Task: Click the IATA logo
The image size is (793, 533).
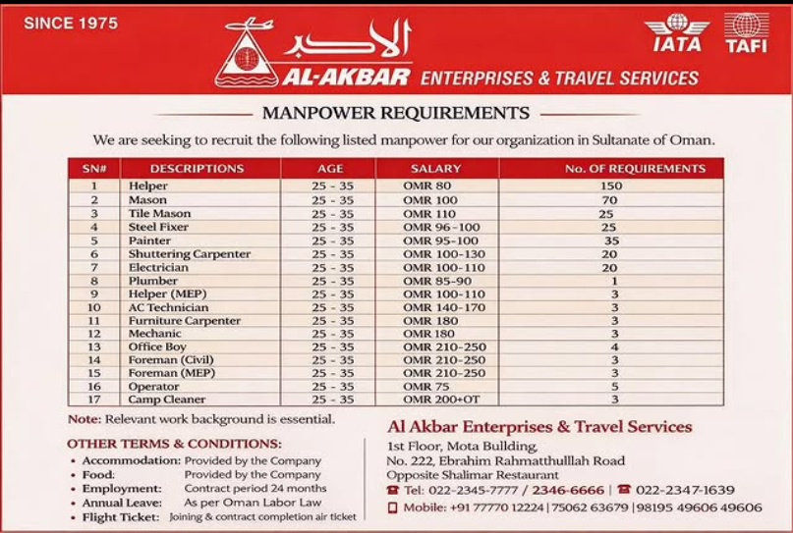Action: [676, 33]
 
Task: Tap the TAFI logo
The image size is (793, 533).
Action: [746, 33]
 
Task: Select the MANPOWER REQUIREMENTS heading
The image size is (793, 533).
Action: [396, 112]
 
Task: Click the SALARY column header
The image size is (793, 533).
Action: [435, 169]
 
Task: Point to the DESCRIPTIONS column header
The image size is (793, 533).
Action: [197, 169]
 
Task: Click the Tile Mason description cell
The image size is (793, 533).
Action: [159, 213]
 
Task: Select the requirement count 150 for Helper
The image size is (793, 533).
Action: [611, 186]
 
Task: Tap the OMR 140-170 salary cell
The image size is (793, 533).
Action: [444, 307]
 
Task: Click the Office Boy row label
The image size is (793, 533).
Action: [157, 346]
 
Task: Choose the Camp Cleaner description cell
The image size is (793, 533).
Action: [166, 400]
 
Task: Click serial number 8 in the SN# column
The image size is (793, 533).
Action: [94, 281]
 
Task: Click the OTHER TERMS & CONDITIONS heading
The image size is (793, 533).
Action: [175, 443]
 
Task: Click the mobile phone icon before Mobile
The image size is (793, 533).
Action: [392, 507]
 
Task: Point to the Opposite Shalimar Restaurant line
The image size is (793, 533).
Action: [467, 475]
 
